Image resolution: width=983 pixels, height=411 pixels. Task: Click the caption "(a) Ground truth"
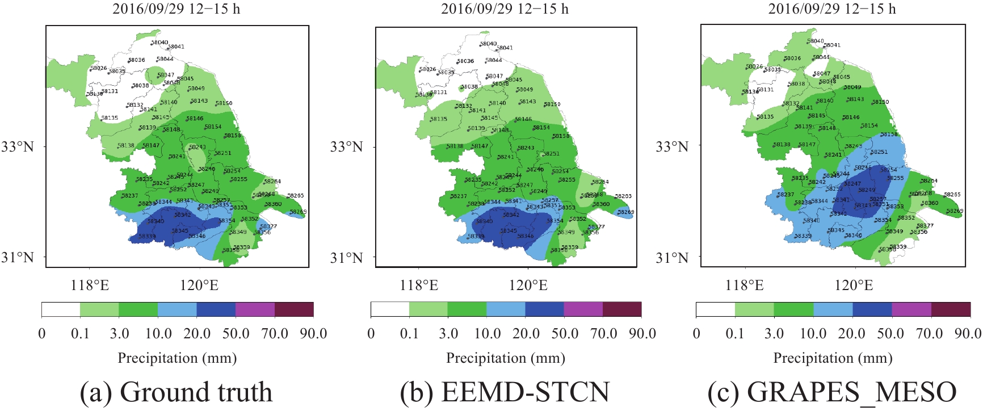pos(176,392)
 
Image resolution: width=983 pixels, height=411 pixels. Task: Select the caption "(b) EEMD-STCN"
pos(505,392)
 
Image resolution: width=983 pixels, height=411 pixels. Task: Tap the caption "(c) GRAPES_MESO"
pos(832,392)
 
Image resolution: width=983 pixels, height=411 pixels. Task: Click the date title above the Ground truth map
pos(176,9)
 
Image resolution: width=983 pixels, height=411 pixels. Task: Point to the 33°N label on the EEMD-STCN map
pos(346,147)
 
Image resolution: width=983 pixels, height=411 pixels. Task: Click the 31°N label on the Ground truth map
pos(18,257)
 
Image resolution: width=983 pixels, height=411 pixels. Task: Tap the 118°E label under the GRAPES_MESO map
pos(745,285)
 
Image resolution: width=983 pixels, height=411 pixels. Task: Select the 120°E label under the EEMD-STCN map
pos(528,285)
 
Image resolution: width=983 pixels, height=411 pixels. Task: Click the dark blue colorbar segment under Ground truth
pos(216,309)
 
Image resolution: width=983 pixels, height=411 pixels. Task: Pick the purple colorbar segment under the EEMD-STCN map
pos(583,309)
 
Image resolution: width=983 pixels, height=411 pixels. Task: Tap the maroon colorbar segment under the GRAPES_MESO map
pos(951,309)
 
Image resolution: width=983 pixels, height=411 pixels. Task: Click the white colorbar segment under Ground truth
pos(61,309)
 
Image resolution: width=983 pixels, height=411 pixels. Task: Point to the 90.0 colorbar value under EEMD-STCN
pos(642,333)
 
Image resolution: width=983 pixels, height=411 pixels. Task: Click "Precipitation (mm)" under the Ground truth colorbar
pos(177,358)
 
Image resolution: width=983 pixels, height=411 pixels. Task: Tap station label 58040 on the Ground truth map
pos(159,43)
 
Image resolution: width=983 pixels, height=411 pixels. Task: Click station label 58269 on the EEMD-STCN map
pos(625,212)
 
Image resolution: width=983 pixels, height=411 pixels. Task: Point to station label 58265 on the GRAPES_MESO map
pos(952,194)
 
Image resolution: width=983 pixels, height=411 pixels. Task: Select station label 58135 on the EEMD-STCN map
pos(438,119)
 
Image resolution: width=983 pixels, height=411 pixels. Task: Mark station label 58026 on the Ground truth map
pos(98,69)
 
